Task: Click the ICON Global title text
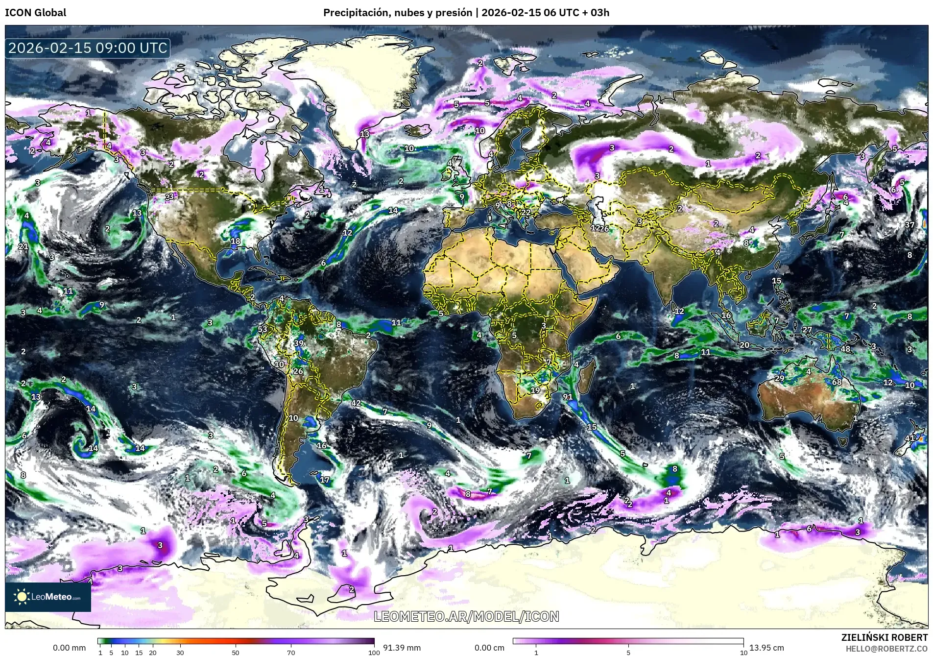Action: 35,13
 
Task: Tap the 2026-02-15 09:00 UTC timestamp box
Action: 88,48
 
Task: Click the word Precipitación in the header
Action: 356,13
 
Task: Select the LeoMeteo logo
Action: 48,597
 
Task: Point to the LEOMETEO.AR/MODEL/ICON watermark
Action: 466,616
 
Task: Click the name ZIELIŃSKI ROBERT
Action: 884,637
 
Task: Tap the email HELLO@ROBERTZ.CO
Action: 886,648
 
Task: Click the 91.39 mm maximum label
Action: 402,648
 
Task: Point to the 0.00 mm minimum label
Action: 69,648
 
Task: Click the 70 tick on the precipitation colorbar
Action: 291,652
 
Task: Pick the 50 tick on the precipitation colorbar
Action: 236,652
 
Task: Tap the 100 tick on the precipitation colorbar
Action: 374,652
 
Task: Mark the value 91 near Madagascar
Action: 568,397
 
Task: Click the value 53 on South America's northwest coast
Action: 263,329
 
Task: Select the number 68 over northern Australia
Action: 837,382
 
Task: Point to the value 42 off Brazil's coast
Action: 356,403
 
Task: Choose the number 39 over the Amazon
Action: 299,343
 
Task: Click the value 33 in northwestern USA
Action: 169,196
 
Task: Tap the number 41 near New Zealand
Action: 909,438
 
